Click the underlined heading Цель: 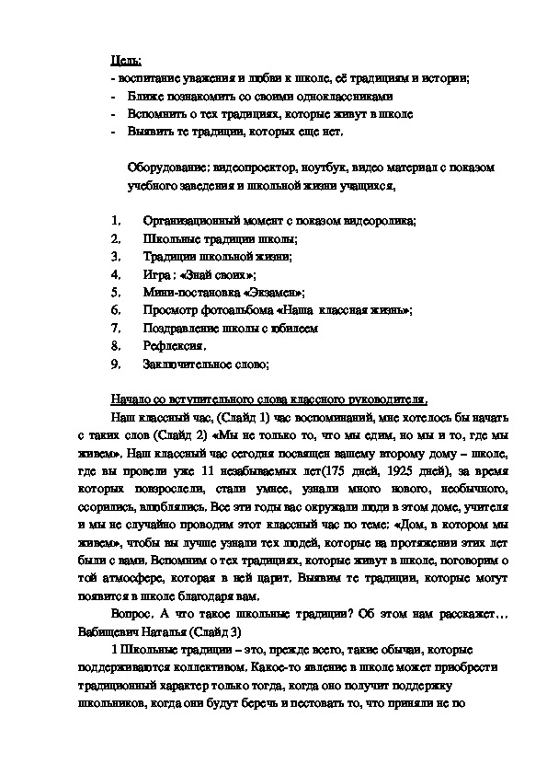coord(125,60)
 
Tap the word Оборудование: coord(169,169)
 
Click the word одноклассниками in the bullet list coord(348,97)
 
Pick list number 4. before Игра coord(115,274)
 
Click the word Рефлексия coord(174,346)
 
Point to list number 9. coord(115,364)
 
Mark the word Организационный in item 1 coord(189,221)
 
